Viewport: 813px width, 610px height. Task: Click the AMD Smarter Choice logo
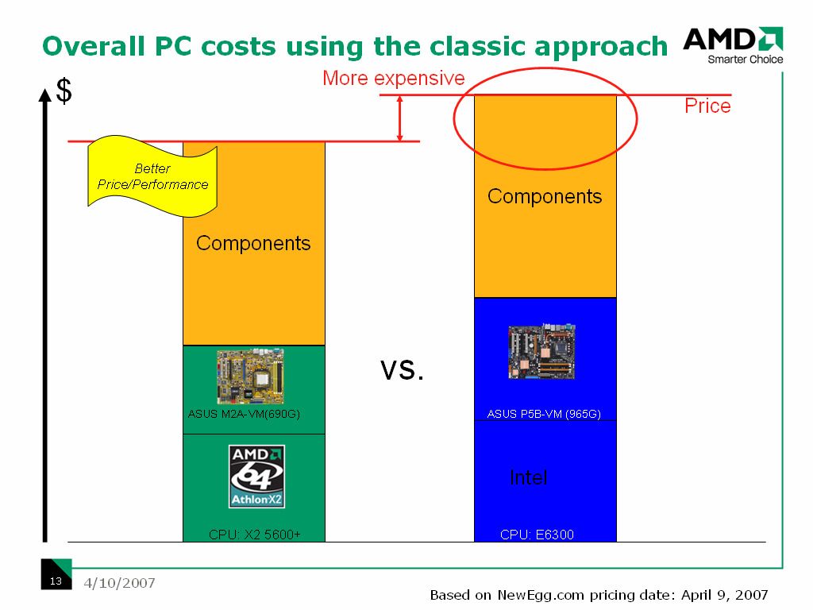[x=733, y=45]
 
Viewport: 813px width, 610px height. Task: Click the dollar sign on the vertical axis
[x=64, y=91]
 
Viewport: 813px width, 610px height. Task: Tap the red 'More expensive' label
[x=394, y=79]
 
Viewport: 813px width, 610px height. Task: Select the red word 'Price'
[x=707, y=106]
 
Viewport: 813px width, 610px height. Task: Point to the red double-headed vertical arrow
[x=400, y=118]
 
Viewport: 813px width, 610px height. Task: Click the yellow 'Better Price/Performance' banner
[x=152, y=176]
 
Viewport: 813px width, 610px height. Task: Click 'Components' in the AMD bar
[x=253, y=243]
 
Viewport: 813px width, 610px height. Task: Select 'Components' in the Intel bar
[x=545, y=197]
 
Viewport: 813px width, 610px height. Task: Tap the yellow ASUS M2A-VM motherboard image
[x=250, y=376]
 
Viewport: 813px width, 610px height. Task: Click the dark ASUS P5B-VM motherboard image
[x=541, y=351]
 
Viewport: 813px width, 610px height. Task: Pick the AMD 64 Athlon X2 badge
[x=256, y=477]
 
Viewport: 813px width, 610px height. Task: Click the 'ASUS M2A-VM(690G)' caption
[x=244, y=414]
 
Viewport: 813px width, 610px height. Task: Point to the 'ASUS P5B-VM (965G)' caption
[x=544, y=414]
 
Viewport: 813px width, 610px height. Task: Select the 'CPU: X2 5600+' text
[x=255, y=535]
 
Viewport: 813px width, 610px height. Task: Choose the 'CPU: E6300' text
[x=537, y=535]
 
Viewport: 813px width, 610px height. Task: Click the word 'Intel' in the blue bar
[x=528, y=477]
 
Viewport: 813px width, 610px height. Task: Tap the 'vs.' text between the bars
[x=402, y=370]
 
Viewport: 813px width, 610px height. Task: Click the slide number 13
[x=56, y=581]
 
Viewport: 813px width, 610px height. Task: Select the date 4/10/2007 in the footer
[x=119, y=583]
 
